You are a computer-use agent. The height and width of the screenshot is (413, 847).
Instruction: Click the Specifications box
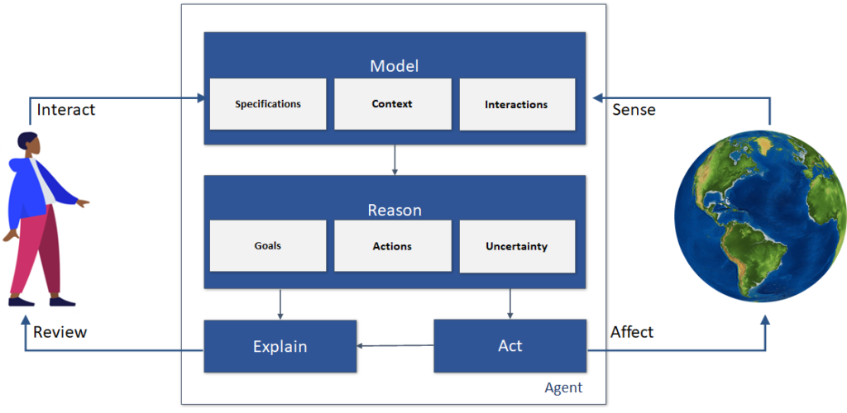coord(268,104)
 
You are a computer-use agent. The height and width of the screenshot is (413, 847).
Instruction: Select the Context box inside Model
coord(392,104)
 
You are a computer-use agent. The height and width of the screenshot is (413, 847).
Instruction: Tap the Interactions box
coord(516,105)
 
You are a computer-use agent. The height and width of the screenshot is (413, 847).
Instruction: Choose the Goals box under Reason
coord(268,245)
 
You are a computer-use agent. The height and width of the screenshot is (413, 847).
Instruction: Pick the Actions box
coord(392,245)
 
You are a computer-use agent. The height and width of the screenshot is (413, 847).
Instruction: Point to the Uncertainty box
coord(516,246)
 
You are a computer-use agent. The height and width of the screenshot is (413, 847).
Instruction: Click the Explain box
coord(280,346)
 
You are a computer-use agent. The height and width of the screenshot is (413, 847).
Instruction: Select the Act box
coord(510,345)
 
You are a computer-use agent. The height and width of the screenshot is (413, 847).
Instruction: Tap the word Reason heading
coord(395,210)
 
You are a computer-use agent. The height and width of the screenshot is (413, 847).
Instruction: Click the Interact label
coord(66,110)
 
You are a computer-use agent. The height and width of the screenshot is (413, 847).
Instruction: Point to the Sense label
coord(634,110)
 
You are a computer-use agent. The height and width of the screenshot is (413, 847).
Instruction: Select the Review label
coord(60,332)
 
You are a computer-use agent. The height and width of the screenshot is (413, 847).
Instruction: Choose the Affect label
coord(632,332)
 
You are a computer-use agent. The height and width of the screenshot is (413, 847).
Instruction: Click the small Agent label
coord(563,387)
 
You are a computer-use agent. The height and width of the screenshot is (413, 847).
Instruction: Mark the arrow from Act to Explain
coord(395,346)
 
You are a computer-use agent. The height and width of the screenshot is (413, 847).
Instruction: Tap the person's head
coord(26,145)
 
